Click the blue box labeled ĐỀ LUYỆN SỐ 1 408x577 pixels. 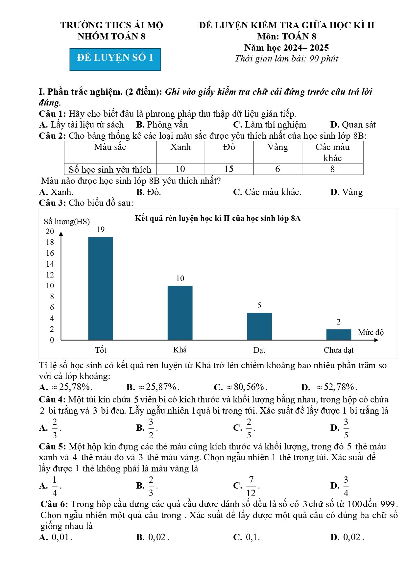click(x=115, y=60)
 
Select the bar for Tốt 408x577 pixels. click(x=101, y=288)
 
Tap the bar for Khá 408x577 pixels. click(x=180, y=313)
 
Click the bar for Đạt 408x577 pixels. click(x=259, y=326)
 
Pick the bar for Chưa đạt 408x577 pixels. click(x=339, y=334)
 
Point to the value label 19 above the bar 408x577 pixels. click(x=101, y=229)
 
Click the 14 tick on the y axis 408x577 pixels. click(x=50, y=264)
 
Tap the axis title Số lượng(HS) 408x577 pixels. click(x=67, y=222)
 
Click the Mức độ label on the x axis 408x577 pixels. click(x=371, y=332)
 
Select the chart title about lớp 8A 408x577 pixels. click(x=218, y=218)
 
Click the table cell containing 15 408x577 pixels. click(x=229, y=169)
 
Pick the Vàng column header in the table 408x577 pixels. click(x=277, y=147)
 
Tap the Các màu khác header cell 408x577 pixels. click(x=332, y=152)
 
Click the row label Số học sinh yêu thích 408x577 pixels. click(x=110, y=169)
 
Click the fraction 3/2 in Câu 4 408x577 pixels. click(x=151, y=428)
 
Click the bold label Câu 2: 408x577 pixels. click(x=53, y=136)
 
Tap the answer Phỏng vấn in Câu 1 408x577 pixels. click(x=167, y=125)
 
